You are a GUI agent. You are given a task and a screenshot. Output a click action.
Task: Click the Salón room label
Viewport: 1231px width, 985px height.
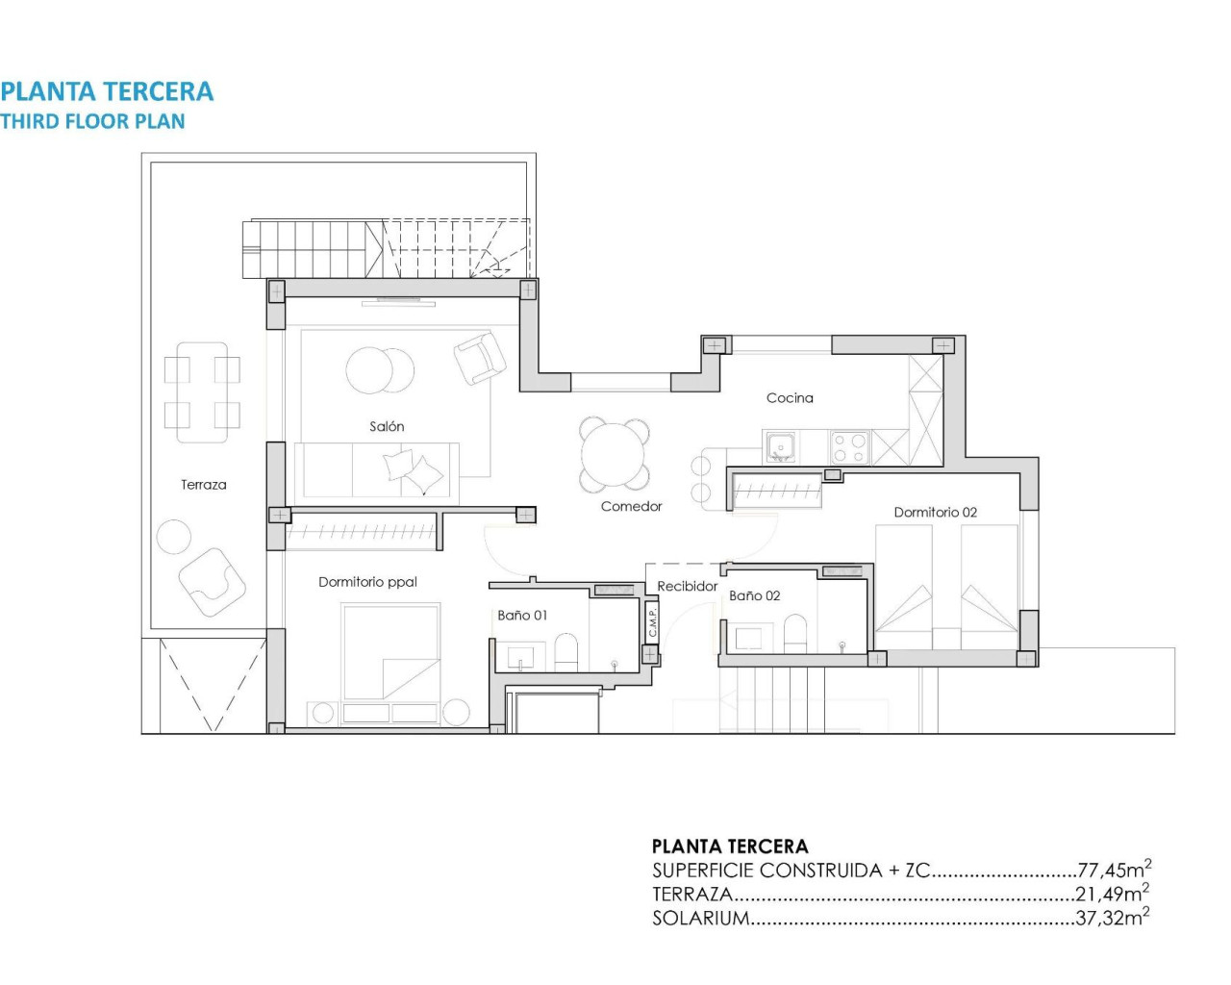pyautogui.click(x=387, y=426)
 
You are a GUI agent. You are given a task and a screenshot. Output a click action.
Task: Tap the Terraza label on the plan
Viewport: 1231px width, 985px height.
pyautogui.click(x=204, y=485)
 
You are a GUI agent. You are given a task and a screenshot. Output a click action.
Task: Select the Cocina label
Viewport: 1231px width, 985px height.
pyautogui.click(x=790, y=397)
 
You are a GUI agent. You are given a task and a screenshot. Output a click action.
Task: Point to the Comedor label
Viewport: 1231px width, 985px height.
pyautogui.click(x=631, y=506)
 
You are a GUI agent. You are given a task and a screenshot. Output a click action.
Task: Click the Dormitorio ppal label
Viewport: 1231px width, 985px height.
pyautogui.click(x=367, y=582)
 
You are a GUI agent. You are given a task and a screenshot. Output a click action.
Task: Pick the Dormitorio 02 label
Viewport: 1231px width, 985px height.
pyautogui.click(x=935, y=512)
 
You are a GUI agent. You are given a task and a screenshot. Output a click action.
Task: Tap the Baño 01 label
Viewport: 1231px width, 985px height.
pyautogui.click(x=522, y=615)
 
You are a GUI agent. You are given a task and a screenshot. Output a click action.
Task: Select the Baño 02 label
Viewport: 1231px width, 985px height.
pyautogui.click(x=754, y=595)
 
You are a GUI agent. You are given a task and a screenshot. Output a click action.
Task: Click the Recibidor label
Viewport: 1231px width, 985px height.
pyautogui.click(x=687, y=586)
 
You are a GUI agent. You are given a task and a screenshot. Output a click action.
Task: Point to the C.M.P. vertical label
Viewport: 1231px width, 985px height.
pyautogui.click(x=652, y=621)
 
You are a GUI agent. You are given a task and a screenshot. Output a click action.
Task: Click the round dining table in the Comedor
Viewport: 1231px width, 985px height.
pyautogui.click(x=615, y=455)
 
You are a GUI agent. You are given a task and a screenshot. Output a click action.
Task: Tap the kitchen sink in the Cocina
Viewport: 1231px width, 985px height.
pyautogui.click(x=780, y=446)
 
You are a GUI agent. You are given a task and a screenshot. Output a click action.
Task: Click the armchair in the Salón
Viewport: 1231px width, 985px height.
pyautogui.click(x=479, y=358)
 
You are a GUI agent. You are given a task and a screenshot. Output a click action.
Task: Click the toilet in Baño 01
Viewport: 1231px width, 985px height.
pyautogui.click(x=565, y=652)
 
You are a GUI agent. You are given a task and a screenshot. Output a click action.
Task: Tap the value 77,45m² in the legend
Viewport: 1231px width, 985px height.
pyautogui.click(x=1114, y=871)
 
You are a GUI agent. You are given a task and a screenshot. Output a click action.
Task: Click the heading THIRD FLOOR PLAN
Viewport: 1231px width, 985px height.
pyautogui.click(x=92, y=121)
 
